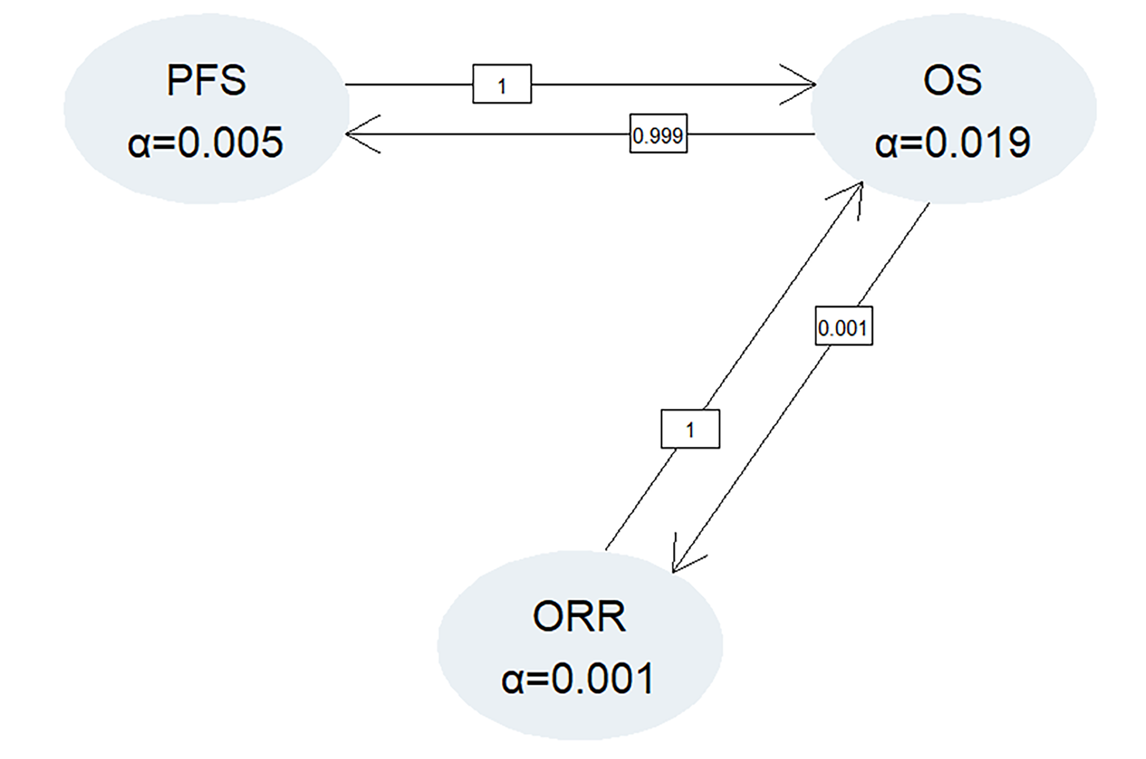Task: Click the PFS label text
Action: [x=206, y=80]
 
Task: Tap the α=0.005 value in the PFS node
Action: [x=206, y=142]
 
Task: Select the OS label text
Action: [x=952, y=80]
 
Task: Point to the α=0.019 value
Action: [x=952, y=142]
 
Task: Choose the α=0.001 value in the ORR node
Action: [x=578, y=679]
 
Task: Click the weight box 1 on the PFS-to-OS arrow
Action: [x=502, y=84]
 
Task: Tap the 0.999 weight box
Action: [x=658, y=134]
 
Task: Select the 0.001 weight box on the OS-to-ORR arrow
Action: [x=844, y=326]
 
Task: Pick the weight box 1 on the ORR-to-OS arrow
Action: [x=690, y=429]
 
